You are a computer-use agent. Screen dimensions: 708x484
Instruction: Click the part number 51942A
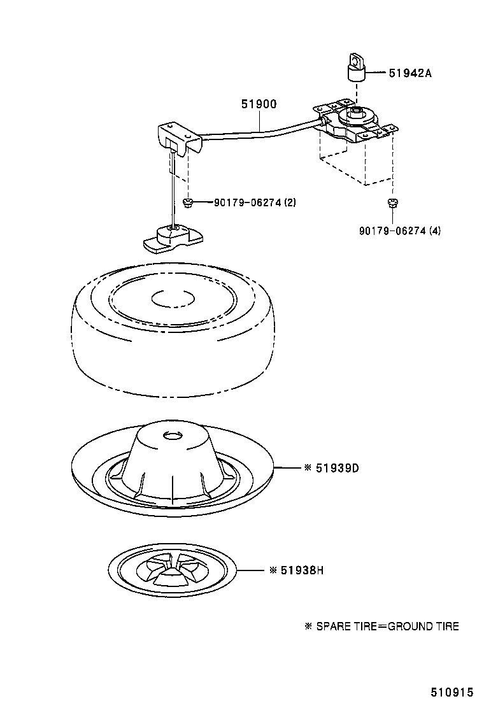[x=410, y=73]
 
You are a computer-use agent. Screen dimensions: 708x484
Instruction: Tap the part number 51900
[x=259, y=104]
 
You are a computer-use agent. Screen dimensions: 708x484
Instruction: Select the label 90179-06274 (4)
[x=399, y=230]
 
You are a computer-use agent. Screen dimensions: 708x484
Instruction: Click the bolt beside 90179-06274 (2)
[x=188, y=202]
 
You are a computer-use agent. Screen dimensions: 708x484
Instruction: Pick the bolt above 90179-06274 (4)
[x=392, y=203]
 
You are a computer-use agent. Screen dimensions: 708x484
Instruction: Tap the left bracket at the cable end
[x=178, y=139]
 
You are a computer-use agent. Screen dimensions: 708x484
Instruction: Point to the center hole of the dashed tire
[x=173, y=297]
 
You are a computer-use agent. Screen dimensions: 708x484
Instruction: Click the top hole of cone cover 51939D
[x=172, y=437]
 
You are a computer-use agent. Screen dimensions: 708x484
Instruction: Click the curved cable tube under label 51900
[x=261, y=132]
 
